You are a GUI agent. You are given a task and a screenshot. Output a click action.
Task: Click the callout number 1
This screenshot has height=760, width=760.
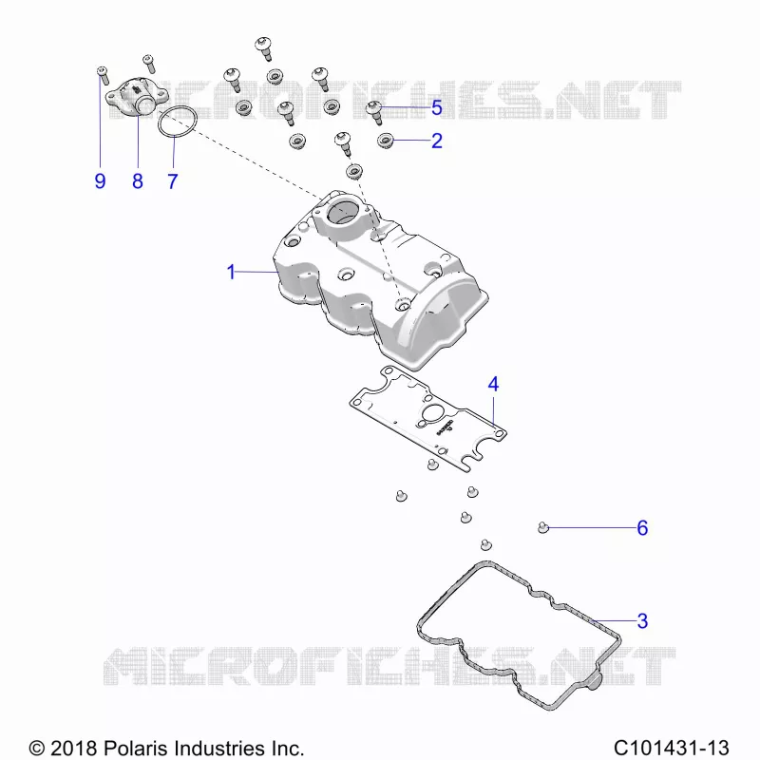click(x=231, y=272)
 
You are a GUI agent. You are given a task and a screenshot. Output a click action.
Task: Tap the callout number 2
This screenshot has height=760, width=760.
click(x=437, y=141)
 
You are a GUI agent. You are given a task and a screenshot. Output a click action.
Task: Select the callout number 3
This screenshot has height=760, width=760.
click(x=642, y=621)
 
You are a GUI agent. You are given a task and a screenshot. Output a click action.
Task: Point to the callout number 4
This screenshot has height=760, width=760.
click(x=493, y=385)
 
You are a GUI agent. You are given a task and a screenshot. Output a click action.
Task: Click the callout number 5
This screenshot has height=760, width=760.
click(x=437, y=107)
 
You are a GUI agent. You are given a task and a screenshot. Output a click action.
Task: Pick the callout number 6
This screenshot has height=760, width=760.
click(x=642, y=528)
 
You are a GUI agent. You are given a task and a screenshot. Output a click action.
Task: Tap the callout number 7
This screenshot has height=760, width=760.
click(x=173, y=181)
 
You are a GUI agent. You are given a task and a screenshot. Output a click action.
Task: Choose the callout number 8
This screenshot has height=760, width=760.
click(x=138, y=181)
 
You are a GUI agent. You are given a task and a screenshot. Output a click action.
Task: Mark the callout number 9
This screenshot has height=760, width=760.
click(x=100, y=181)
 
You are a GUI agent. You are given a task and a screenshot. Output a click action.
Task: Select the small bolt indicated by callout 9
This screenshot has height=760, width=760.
click(x=103, y=75)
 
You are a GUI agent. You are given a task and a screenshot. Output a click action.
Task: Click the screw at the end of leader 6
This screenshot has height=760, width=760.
click(x=543, y=527)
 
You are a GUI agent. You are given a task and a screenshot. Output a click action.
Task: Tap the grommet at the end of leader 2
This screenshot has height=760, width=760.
click(x=386, y=141)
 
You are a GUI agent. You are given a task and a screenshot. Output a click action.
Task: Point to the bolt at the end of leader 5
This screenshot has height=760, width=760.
click(x=374, y=112)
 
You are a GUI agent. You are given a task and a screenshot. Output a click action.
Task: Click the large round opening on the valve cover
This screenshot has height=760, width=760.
click(x=343, y=212)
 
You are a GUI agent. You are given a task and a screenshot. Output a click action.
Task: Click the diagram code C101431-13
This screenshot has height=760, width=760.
click(x=672, y=748)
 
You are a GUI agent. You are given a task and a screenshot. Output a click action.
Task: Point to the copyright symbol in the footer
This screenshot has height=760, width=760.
click(x=37, y=749)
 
